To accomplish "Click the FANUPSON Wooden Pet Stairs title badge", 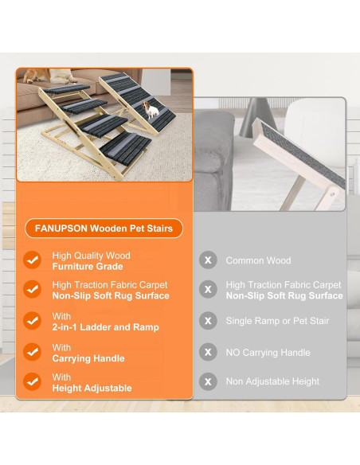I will click(104, 228).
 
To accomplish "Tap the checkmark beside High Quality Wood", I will click(33, 260).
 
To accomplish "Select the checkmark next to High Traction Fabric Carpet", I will click(33, 290).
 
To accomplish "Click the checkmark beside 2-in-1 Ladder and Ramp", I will click(33, 321).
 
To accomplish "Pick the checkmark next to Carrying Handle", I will click(33, 352).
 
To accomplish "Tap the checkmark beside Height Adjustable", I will click(33, 382).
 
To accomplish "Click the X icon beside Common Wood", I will click(208, 260).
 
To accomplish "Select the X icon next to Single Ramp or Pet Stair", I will click(208, 321).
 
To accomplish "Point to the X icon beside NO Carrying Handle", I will click(208, 352).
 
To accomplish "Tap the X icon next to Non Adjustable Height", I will click(208, 382).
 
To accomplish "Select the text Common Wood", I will click(258, 260).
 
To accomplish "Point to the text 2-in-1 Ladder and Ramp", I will click(105, 327).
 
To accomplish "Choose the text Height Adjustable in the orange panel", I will click(92, 389).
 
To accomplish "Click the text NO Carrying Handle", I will click(268, 352).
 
